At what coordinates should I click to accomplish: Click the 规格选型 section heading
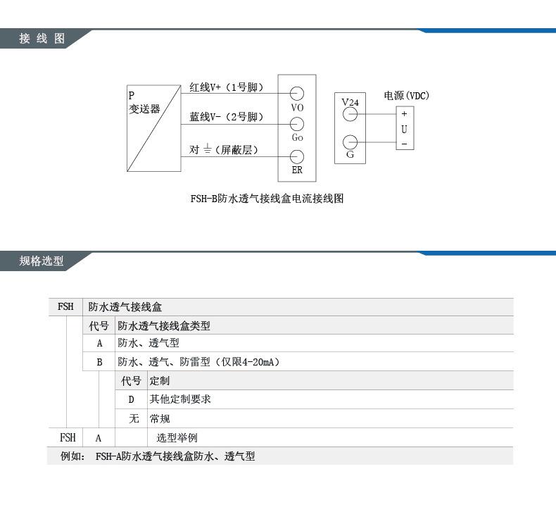point(42,261)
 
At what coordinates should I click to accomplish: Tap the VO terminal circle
point(297,93)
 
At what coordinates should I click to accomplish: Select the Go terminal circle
point(297,125)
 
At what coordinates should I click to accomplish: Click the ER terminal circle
point(297,156)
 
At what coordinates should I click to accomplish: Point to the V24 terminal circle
point(350,114)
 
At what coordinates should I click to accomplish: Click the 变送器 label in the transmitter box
point(144,109)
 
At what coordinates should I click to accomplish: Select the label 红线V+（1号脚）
point(226,87)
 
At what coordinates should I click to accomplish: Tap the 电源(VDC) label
point(406,96)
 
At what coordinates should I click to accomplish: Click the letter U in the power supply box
point(404,129)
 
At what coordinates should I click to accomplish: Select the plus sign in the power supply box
point(404,114)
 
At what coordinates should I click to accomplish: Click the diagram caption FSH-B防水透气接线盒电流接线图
point(267,199)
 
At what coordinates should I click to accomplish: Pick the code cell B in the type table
point(100,362)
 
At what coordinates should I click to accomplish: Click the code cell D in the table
point(131,399)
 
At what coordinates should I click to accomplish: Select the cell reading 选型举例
point(177,437)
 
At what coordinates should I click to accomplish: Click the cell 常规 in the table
point(160,418)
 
